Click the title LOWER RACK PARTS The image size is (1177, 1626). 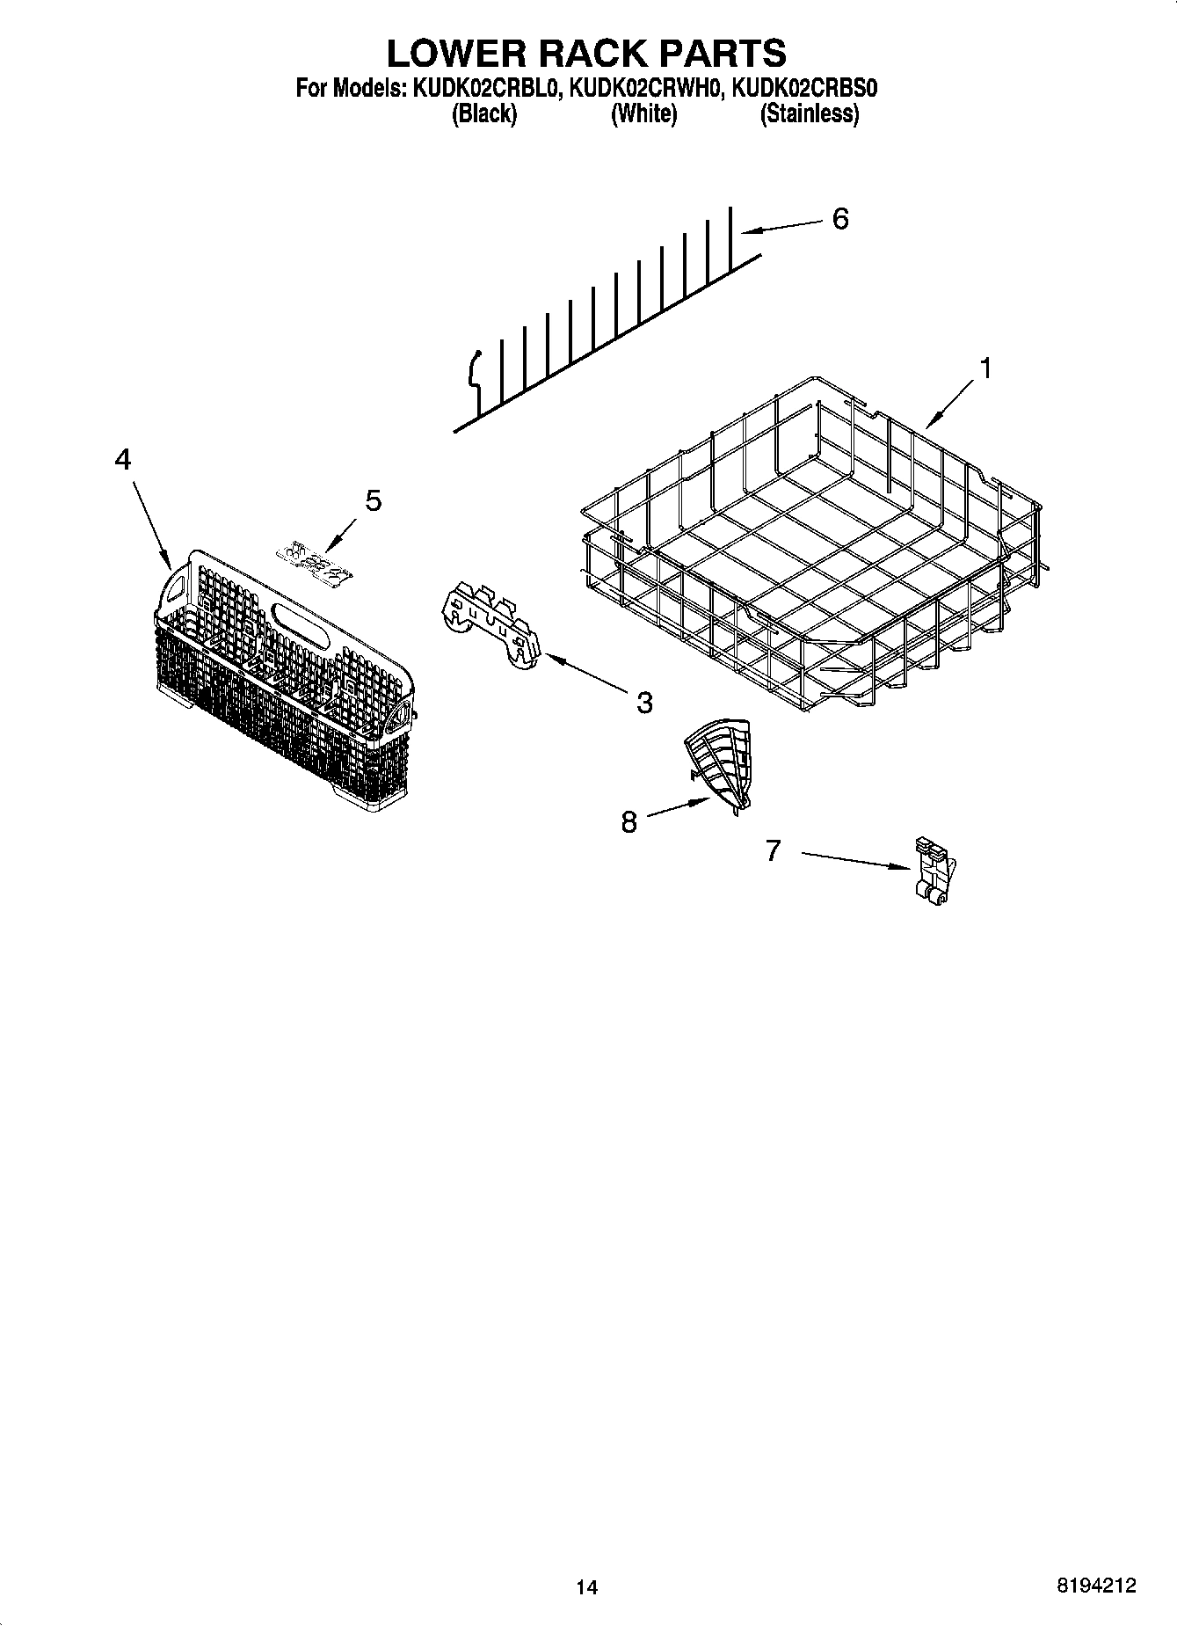586,53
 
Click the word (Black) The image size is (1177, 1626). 483,113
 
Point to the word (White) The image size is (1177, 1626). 643,113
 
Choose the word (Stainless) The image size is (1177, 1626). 809,113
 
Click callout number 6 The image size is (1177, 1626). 840,219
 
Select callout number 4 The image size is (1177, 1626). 123,459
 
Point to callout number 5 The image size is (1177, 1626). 374,501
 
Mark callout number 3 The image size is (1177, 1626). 644,703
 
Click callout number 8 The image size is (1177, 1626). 628,822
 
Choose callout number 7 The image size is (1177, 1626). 773,850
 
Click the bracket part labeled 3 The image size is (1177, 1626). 490,624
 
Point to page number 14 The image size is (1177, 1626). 586,1587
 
